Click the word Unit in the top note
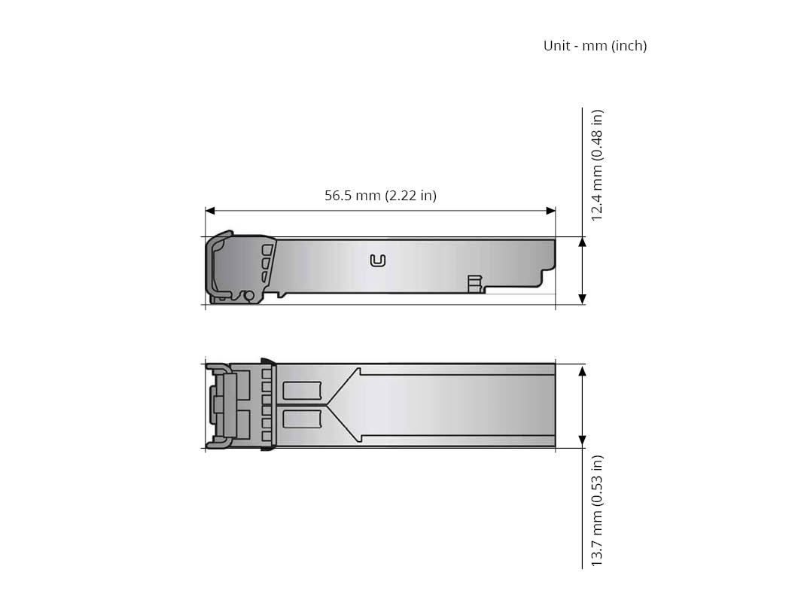556,46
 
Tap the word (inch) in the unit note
629,46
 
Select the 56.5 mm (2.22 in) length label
380,195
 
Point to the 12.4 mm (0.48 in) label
597,165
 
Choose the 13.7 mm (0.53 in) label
597,510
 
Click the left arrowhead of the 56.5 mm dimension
210,211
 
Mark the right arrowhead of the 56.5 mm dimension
550,211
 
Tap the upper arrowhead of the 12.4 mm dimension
583,242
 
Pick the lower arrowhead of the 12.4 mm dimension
583,299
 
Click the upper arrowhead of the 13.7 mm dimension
583,370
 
